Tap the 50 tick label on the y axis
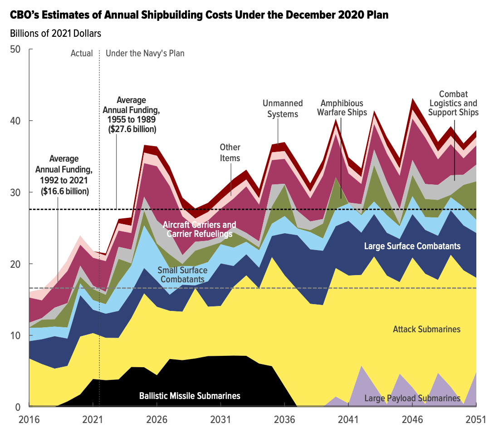click(x=15, y=49)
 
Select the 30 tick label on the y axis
click(x=15, y=192)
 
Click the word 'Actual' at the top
click(x=82, y=53)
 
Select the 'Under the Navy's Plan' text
click(x=145, y=53)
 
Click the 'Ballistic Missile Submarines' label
click(x=190, y=396)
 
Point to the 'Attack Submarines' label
click(x=426, y=329)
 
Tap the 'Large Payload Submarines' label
click(x=412, y=399)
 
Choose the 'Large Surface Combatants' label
click(x=412, y=246)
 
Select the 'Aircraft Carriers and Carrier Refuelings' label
click(x=200, y=229)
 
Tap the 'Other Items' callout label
click(x=230, y=153)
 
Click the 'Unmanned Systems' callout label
click(x=283, y=109)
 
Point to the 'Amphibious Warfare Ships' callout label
click(x=343, y=108)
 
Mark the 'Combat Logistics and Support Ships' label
click(x=453, y=103)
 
